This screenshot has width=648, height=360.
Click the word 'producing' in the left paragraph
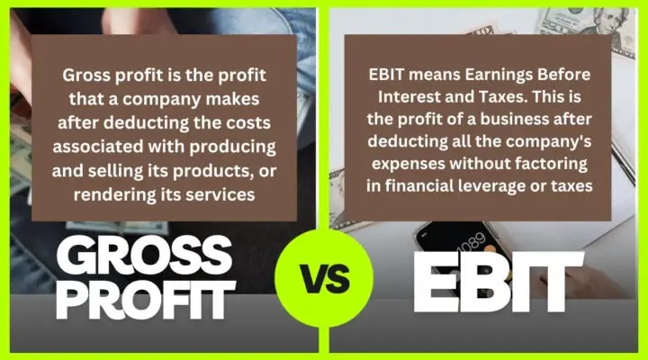(x=235, y=146)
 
